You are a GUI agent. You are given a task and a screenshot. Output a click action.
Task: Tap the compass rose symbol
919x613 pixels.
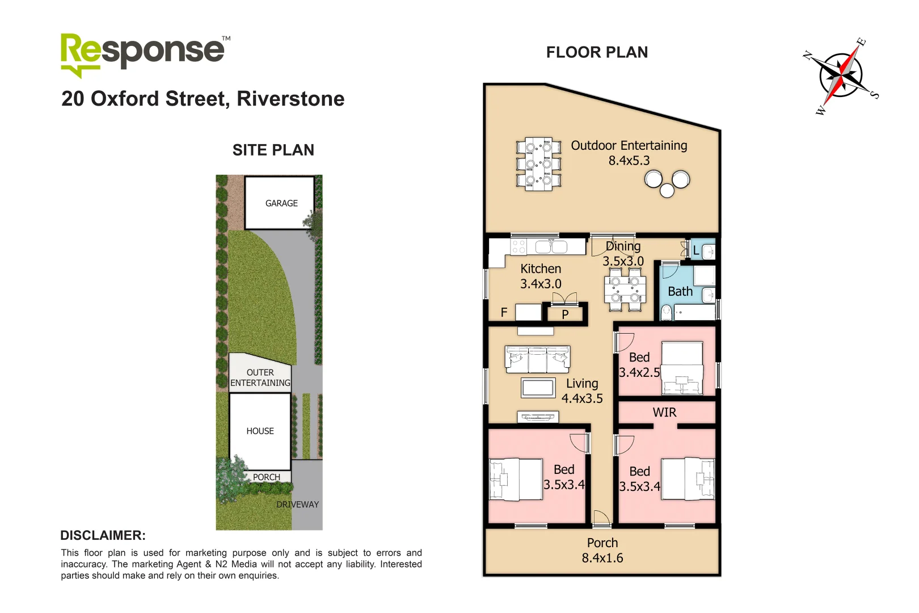pos(841,75)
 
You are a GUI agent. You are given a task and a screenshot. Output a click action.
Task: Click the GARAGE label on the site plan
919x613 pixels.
pos(281,203)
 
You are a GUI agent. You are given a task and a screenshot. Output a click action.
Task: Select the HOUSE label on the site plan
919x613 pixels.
pos(260,431)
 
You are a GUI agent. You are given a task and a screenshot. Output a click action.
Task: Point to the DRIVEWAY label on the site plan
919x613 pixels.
pos(297,505)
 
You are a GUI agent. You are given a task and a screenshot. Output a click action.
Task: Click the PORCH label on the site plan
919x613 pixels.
pos(267,477)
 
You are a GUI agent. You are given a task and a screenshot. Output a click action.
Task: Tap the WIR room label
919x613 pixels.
pos(664,413)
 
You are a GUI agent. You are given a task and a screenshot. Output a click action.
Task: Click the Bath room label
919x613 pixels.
pos(680,292)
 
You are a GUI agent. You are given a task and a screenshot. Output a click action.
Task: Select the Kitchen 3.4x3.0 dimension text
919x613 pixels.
pos(541,284)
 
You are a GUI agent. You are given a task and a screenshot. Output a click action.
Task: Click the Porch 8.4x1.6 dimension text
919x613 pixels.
pos(602,558)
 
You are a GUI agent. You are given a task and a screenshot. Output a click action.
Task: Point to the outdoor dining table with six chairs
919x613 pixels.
pos(538,164)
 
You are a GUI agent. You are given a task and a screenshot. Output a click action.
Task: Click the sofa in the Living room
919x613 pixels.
pos(537,359)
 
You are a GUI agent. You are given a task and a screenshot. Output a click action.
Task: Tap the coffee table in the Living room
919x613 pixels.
pos(538,388)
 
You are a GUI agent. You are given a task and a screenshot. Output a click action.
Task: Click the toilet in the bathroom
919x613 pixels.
pos(667,312)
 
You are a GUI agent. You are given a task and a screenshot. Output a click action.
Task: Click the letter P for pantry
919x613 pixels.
pos(565,314)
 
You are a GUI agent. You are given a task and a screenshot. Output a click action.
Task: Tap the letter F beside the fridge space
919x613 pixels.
pos(504,312)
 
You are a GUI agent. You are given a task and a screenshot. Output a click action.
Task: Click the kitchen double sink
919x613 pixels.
pos(551,247)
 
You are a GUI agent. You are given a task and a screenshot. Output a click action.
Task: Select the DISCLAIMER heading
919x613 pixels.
pos(103,535)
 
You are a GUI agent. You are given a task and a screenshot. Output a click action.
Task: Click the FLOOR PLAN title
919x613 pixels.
pos(597,52)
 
